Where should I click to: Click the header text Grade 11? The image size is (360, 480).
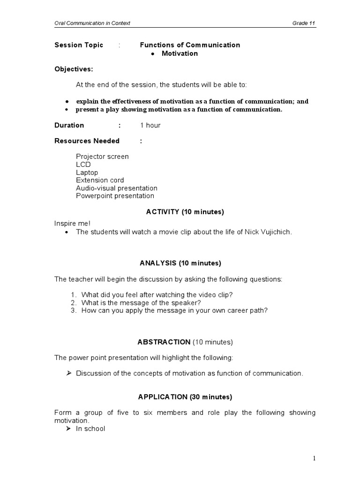303,23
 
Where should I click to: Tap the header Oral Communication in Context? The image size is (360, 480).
92,23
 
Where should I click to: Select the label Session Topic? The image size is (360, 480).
79,45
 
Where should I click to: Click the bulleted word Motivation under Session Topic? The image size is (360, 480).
180,53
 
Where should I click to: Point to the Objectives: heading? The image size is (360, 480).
74,69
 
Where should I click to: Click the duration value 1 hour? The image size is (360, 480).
150,125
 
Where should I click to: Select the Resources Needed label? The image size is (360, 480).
87,141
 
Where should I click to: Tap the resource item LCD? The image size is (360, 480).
83,165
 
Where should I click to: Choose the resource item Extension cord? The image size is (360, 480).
100,180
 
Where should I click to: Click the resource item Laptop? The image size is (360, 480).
87,172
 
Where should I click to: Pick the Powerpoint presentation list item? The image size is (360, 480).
115,196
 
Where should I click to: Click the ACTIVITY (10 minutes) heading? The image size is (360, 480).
185,212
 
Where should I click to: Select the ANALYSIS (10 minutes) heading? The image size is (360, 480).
180,263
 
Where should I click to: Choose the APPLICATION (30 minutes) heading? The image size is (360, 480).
185,397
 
